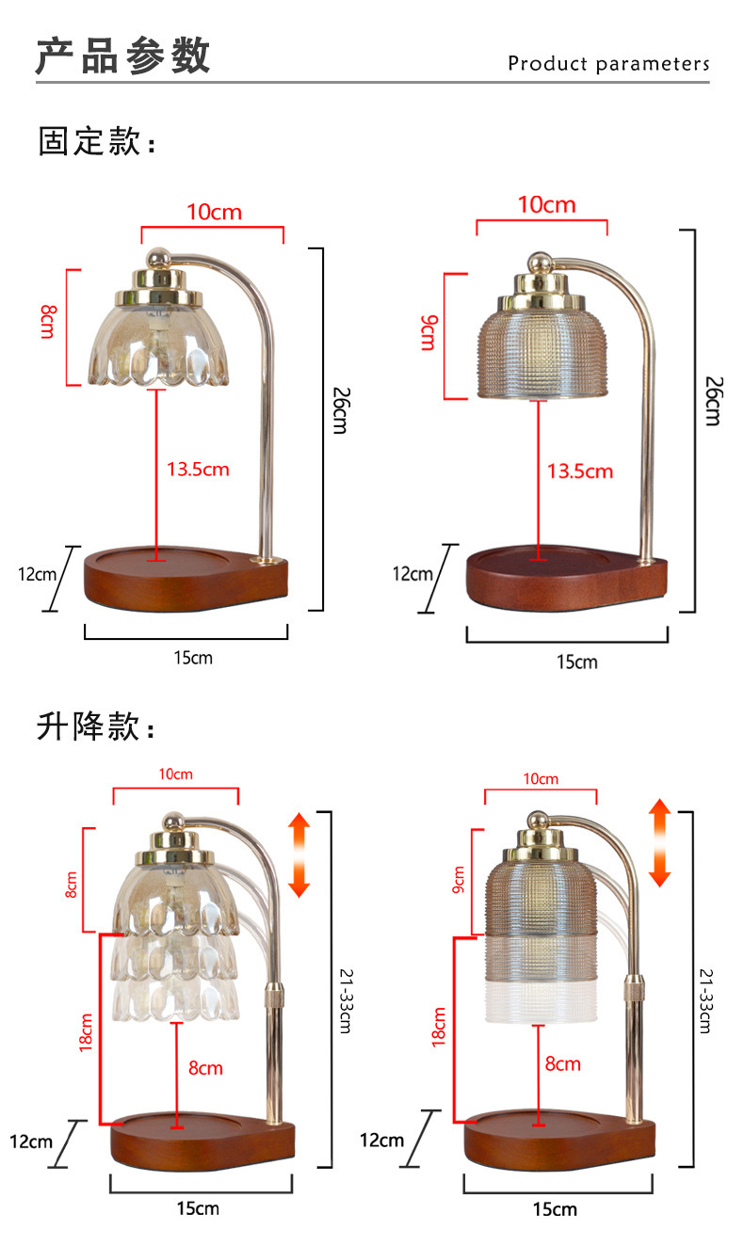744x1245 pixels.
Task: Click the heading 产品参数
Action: [122, 56]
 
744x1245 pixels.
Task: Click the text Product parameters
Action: [609, 64]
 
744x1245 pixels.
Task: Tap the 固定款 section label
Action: [97, 140]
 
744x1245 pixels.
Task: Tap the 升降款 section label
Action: [95, 726]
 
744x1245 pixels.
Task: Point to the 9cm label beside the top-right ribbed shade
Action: [429, 332]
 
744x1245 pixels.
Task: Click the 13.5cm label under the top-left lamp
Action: [198, 469]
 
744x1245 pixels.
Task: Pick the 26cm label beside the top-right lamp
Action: [714, 401]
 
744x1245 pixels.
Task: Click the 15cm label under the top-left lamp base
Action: [193, 658]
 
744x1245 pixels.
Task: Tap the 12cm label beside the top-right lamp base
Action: [412, 574]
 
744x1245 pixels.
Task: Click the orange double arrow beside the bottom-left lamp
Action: [299, 854]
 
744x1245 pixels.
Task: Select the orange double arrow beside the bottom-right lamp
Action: [659, 842]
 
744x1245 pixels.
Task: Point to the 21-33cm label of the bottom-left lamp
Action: [346, 1000]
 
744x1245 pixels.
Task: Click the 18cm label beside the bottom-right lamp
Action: [439, 1027]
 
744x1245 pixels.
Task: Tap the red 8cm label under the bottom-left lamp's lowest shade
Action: [205, 1068]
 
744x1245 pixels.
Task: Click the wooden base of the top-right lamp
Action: [567, 578]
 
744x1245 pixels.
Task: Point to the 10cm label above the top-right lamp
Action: [546, 204]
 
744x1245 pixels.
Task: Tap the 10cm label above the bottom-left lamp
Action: [176, 774]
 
